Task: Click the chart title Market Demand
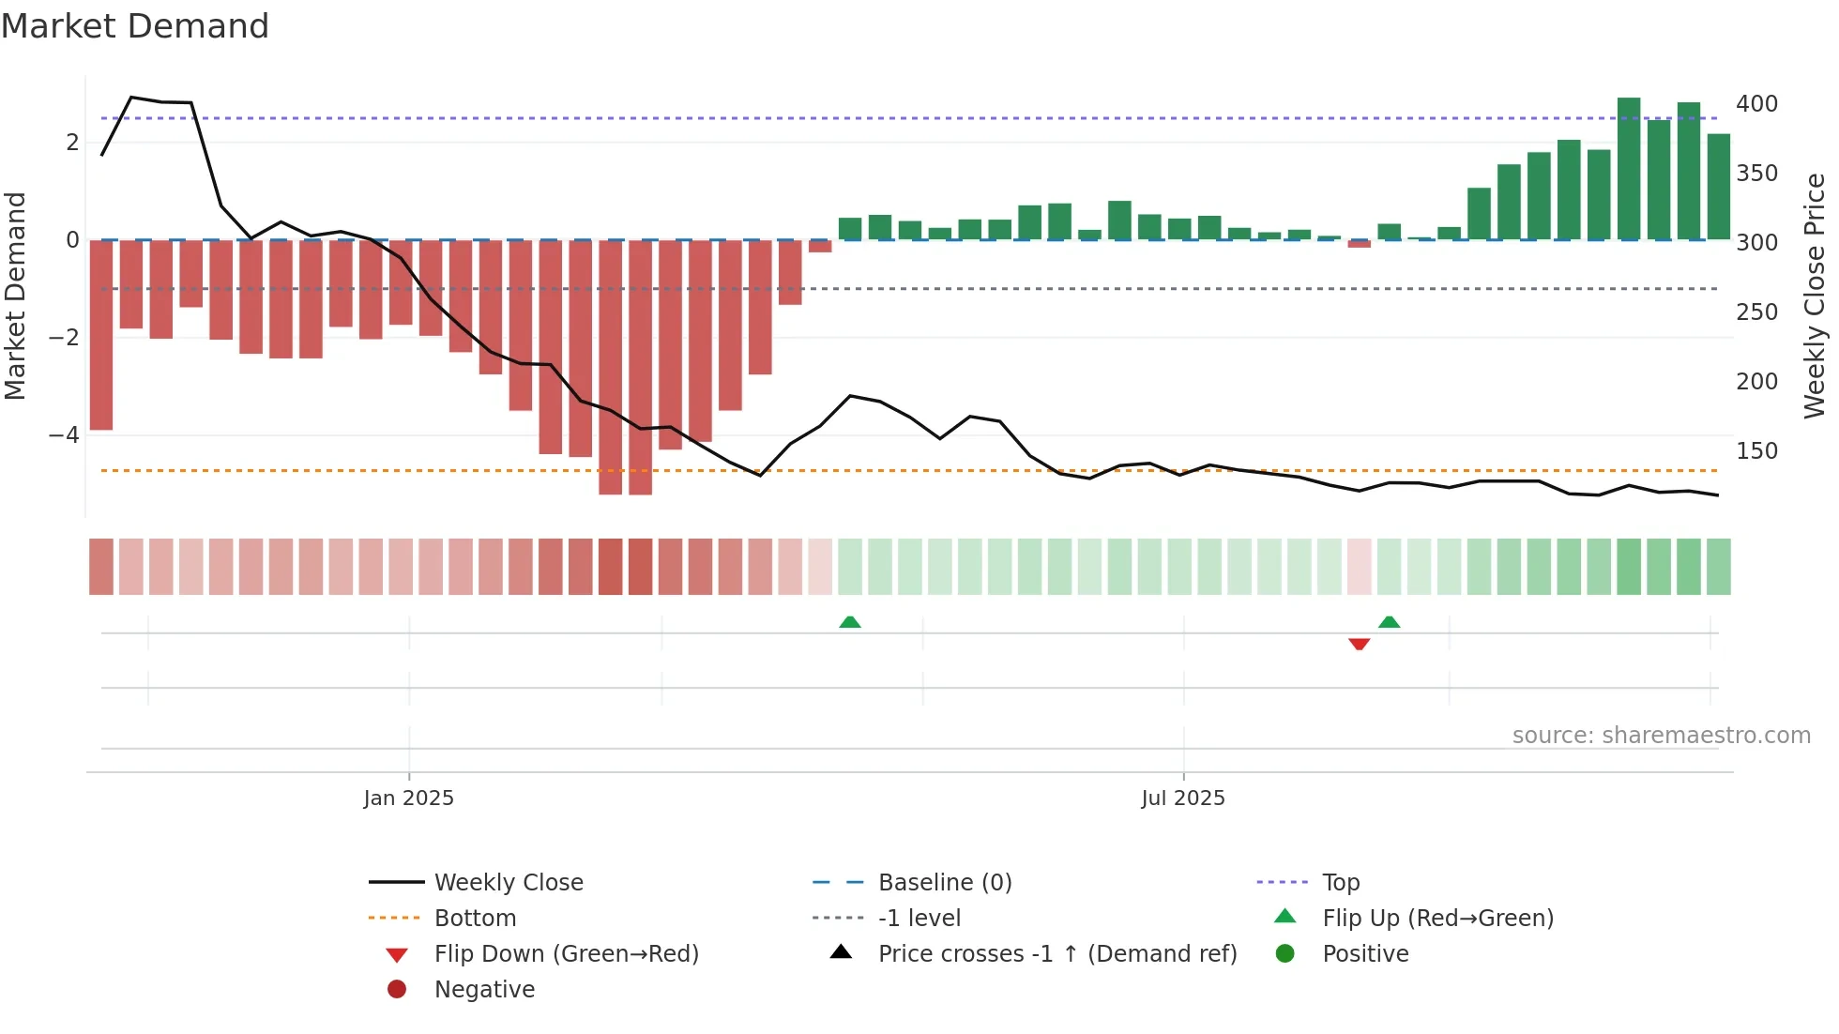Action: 135,26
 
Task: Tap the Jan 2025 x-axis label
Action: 408,798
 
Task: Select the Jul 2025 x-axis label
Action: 1182,798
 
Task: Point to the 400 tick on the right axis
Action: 1756,104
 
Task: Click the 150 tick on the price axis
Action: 1756,451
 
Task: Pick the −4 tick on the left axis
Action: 64,435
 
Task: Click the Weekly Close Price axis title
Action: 1815,296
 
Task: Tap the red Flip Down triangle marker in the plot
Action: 1359,644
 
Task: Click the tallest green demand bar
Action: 1629,169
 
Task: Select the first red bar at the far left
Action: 101,335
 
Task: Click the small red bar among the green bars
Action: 1359,244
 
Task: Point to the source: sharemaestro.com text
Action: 1661,736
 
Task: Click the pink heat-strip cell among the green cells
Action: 1359,567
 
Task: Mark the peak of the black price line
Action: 131,98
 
